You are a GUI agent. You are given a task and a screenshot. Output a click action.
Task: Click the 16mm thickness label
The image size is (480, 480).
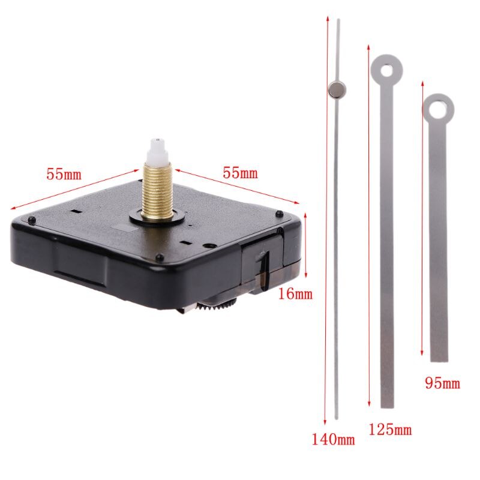click(x=296, y=294)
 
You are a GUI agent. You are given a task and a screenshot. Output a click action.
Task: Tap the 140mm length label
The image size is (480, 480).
click(x=333, y=440)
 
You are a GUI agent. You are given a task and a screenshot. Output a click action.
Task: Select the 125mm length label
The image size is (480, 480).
click(x=390, y=429)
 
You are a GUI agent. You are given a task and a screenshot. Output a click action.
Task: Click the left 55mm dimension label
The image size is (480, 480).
click(x=64, y=175)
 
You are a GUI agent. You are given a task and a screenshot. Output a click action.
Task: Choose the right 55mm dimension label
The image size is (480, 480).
click(x=240, y=173)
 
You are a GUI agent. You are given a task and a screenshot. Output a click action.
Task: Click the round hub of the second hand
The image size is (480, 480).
click(x=338, y=90)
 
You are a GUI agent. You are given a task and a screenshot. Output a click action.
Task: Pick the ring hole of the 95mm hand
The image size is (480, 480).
click(x=438, y=108)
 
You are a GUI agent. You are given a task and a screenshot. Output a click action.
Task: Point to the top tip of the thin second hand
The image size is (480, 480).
click(x=338, y=22)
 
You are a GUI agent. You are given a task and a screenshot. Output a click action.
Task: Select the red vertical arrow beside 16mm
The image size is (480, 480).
click(x=306, y=245)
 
